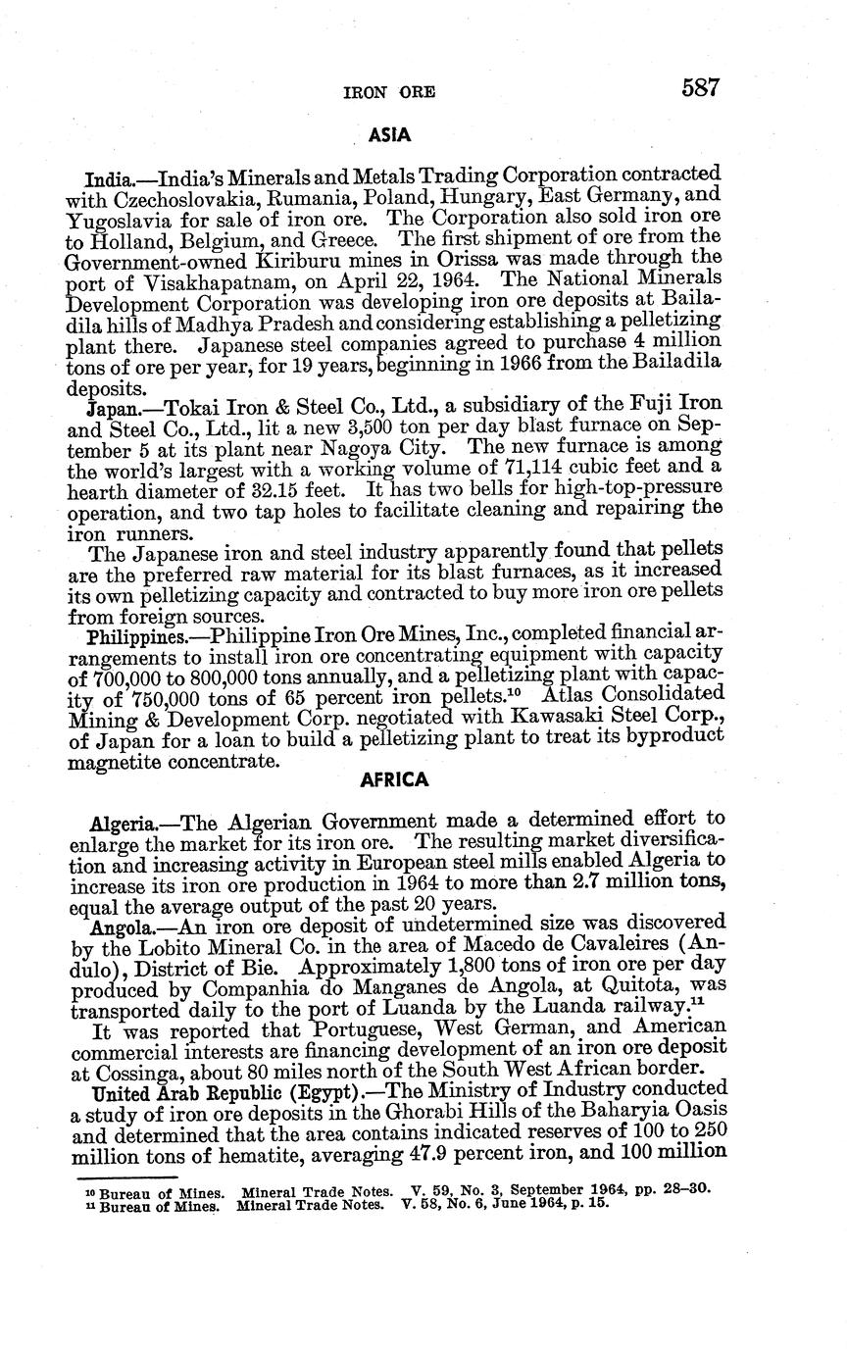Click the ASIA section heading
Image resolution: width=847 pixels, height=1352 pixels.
[389, 132]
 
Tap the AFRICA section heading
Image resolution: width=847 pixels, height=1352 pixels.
[395, 780]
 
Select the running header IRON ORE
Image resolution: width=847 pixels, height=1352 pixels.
[389, 92]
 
